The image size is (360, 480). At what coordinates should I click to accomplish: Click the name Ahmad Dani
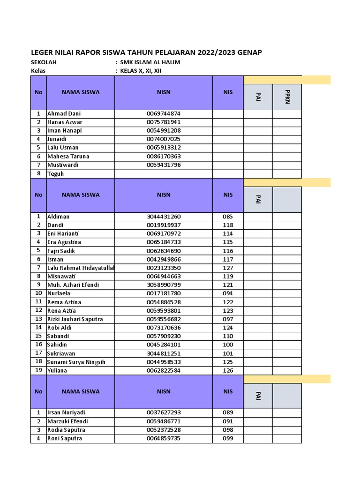tap(64, 113)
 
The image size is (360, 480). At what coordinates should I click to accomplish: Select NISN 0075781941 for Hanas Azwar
tap(164, 122)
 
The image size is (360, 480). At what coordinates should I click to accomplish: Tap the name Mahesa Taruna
tap(68, 156)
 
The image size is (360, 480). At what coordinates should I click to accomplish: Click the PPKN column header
tap(287, 97)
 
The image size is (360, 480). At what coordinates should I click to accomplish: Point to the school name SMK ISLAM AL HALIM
tap(150, 62)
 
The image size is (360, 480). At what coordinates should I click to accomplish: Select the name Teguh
tap(55, 173)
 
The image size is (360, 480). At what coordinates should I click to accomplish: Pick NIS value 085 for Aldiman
tap(228, 217)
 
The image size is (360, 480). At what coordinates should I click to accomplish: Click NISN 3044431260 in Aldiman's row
tap(164, 217)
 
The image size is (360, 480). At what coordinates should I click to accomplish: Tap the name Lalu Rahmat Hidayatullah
tap(81, 268)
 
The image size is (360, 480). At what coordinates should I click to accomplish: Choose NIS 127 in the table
tap(228, 268)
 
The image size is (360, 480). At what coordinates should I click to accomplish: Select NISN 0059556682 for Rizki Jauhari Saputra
tap(164, 319)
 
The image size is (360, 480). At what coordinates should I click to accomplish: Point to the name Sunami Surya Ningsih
tap(76, 362)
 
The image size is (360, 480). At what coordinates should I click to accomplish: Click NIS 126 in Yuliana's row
tap(228, 370)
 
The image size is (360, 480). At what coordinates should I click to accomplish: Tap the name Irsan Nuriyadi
tap(66, 412)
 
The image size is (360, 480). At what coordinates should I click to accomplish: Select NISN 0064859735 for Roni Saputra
tap(164, 438)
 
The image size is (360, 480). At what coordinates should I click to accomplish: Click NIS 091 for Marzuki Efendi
tap(228, 421)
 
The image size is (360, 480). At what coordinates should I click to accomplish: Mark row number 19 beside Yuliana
tap(38, 370)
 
